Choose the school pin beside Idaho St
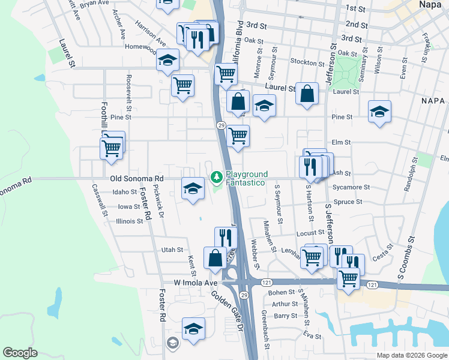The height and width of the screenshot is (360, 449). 191,189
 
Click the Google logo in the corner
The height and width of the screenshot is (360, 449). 20,353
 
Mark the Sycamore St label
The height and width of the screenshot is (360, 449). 352,187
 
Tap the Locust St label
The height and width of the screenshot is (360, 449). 310,232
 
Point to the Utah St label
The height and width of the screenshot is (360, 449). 172,250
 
